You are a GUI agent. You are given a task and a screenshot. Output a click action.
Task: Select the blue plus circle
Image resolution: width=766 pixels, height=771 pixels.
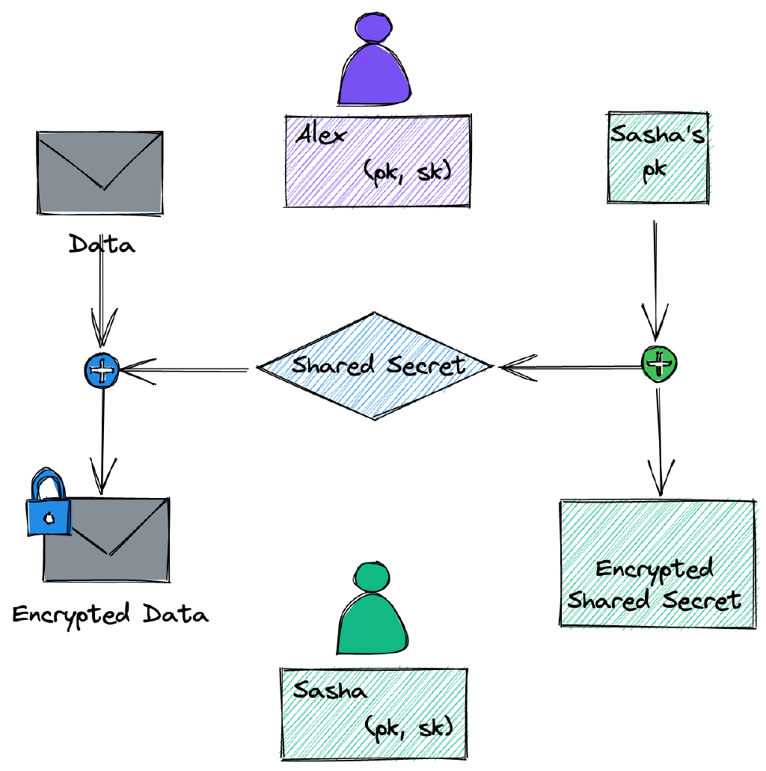pyautogui.click(x=102, y=369)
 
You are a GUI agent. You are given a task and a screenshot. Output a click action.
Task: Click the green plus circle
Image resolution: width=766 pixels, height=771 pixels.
pyautogui.click(x=659, y=363)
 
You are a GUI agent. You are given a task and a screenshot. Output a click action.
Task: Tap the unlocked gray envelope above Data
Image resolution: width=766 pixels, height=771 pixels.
pyautogui.click(x=99, y=173)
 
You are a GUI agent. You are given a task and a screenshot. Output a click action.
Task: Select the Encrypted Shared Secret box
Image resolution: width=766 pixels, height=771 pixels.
pyautogui.click(x=657, y=562)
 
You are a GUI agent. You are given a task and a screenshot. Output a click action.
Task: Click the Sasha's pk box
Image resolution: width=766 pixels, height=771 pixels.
pyautogui.click(x=658, y=157)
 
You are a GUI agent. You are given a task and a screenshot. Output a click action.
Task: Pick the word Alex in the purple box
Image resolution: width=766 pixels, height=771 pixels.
pyautogui.click(x=322, y=136)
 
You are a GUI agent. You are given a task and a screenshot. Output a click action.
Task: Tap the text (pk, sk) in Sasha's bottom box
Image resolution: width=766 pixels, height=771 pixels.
pyautogui.click(x=408, y=726)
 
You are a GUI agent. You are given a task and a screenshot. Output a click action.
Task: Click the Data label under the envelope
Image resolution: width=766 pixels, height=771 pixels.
pyautogui.click(x=102, y=244)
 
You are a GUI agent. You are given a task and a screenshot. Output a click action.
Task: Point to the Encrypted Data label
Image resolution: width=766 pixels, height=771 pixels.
pyautogui.click(x=110, y=615)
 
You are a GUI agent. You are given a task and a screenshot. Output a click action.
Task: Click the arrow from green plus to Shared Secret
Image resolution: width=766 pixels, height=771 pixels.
pyautogui.click(x=572, y=366)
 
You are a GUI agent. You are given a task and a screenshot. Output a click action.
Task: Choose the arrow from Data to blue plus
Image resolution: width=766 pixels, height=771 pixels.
pyautogui.click(x=101, y=307)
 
